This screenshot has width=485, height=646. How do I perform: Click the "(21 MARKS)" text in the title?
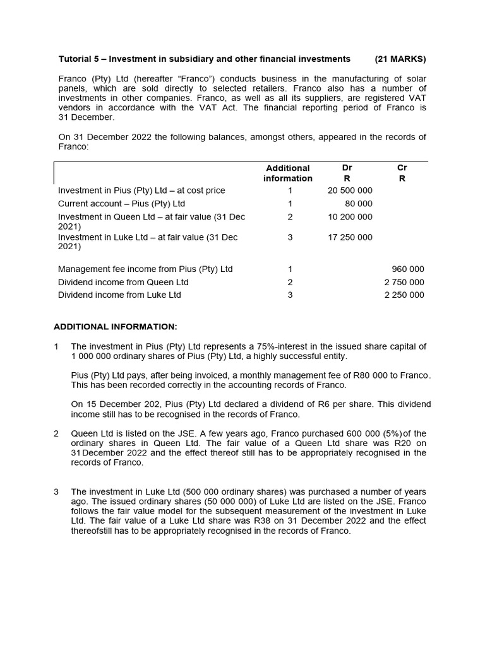400,59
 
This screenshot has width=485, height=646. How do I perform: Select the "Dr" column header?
347,168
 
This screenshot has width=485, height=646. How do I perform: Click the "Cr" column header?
402,168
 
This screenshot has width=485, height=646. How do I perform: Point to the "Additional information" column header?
288,173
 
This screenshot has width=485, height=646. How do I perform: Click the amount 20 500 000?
350,191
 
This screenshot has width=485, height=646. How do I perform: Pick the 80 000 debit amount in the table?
359,204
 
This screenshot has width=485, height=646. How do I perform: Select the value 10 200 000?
350,217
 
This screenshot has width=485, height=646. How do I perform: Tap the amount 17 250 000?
350,237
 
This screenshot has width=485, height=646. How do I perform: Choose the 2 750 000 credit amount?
404,283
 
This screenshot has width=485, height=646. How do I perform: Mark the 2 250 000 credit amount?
404,295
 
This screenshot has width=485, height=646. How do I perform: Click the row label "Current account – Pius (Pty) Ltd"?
121,204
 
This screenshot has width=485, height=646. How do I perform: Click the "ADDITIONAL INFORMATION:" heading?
116,327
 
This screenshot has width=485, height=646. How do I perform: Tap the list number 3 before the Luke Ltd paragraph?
56,491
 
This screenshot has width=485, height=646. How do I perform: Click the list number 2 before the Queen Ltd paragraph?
56,433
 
